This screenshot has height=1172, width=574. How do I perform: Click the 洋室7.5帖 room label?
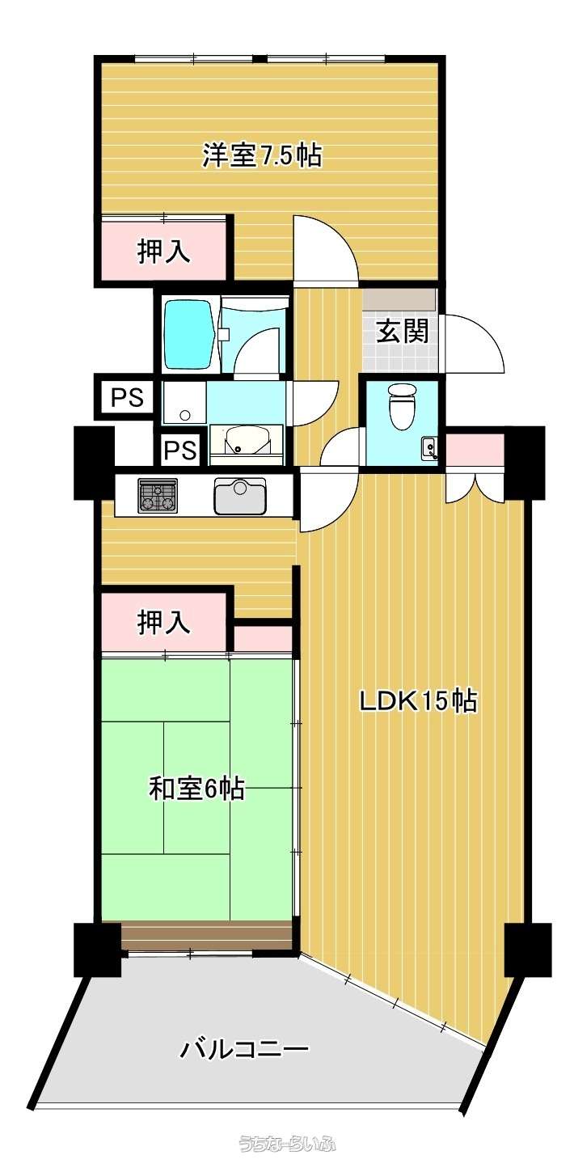click(262, 155)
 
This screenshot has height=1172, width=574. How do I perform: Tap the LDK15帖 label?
click(417, 700)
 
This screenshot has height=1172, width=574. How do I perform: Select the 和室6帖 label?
click(196, 788)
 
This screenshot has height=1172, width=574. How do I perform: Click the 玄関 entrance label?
click(403, 331)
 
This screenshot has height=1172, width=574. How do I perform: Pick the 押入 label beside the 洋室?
click(163, 252)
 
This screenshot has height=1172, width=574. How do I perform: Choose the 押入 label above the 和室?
click(163, 623)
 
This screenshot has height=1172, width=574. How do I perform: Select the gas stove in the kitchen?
click(158, 495)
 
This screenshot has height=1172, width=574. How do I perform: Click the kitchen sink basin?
click(239, 497)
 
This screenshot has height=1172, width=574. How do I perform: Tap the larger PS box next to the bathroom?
click(127, 398)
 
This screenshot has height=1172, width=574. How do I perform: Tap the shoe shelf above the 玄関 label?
click(399, 300)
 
